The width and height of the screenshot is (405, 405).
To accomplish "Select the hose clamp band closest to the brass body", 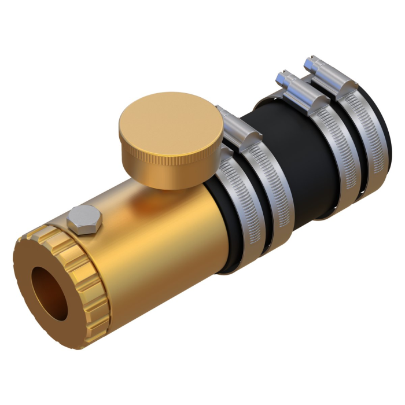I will click(x=243, y=214).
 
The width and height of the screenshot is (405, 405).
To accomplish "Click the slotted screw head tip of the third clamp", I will click(x=284, y=75).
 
